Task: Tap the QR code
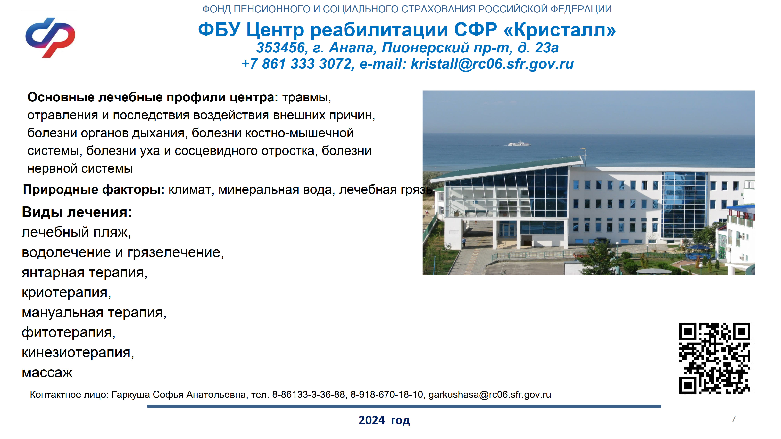(715, 358)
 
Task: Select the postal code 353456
(281, 48)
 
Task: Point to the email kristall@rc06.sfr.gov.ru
(492, 64)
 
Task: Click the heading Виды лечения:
(77, 212)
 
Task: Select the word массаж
(47, 373)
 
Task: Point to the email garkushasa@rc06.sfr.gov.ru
(490, 395)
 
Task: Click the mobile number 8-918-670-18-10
(386, 395)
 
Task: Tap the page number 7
(733, 419)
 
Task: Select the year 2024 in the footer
(372, 420)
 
